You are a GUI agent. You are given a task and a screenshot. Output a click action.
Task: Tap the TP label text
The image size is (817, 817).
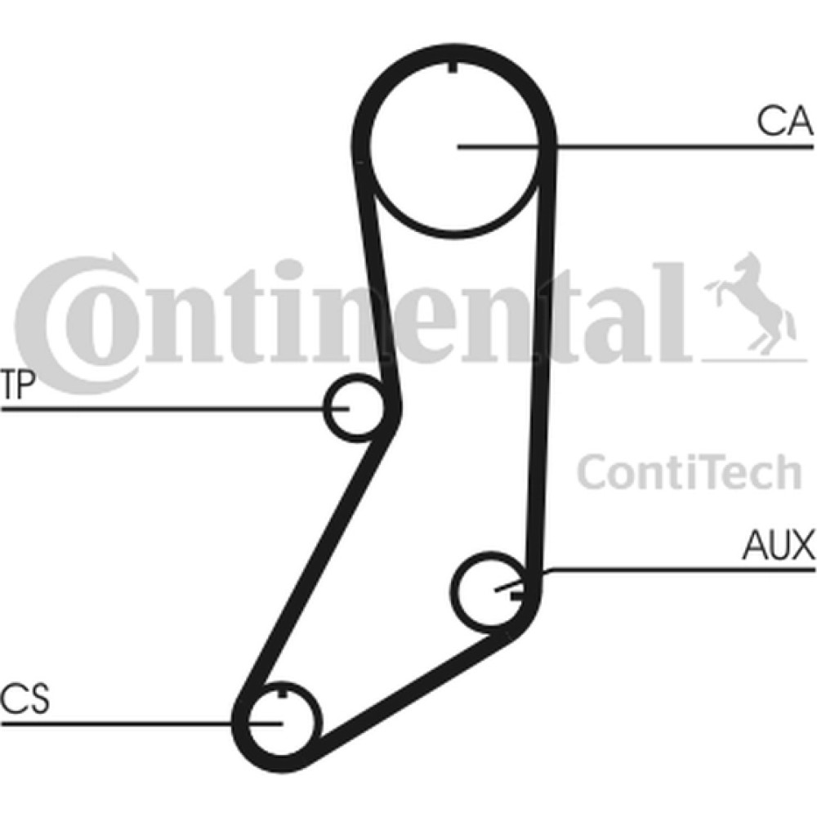pos(18,385)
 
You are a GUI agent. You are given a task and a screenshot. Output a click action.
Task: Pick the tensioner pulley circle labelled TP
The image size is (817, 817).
pos(324,408)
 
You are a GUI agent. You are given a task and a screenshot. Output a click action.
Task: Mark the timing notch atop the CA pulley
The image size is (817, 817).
pos(453,67)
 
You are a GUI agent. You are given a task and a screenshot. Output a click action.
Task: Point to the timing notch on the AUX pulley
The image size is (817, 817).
pos(516,595)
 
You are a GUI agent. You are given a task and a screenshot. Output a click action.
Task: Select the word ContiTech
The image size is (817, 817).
pos(689,472)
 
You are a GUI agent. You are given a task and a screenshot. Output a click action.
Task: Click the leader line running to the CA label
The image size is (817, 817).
pos(635,147)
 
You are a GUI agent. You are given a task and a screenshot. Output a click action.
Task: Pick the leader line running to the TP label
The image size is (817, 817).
pos(175,408)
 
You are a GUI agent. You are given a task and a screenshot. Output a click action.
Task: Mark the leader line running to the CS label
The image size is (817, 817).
pos(141,723)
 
